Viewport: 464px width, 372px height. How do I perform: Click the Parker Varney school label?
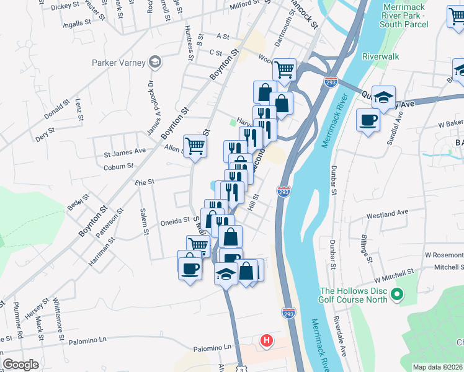[x=118, y=63]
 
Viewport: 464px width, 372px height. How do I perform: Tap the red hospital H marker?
[x=267, y=340]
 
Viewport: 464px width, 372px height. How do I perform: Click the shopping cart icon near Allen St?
[x=195, y=146]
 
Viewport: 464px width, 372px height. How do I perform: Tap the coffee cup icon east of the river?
[x=368, y=118]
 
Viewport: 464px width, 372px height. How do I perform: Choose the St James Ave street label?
[x=124, y=151]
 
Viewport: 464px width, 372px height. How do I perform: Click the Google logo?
[x=20, y=365]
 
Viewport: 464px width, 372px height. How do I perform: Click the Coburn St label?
[x=118, y=166]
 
